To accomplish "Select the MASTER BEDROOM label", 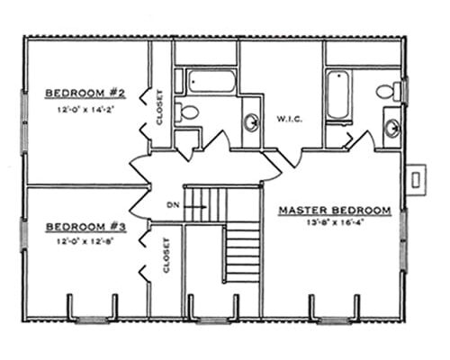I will (x=335, y=211).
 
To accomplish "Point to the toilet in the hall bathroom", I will (x=187, y=112).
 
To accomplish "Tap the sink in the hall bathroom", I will (x=251, y=121).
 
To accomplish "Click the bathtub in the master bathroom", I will (x=338, y=94).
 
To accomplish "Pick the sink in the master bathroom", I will (x=392, y=127).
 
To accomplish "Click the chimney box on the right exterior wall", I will (x=417, y=179).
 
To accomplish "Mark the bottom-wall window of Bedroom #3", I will (x=90, y=318).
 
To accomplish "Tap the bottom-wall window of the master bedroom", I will (x=334, y=318).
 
